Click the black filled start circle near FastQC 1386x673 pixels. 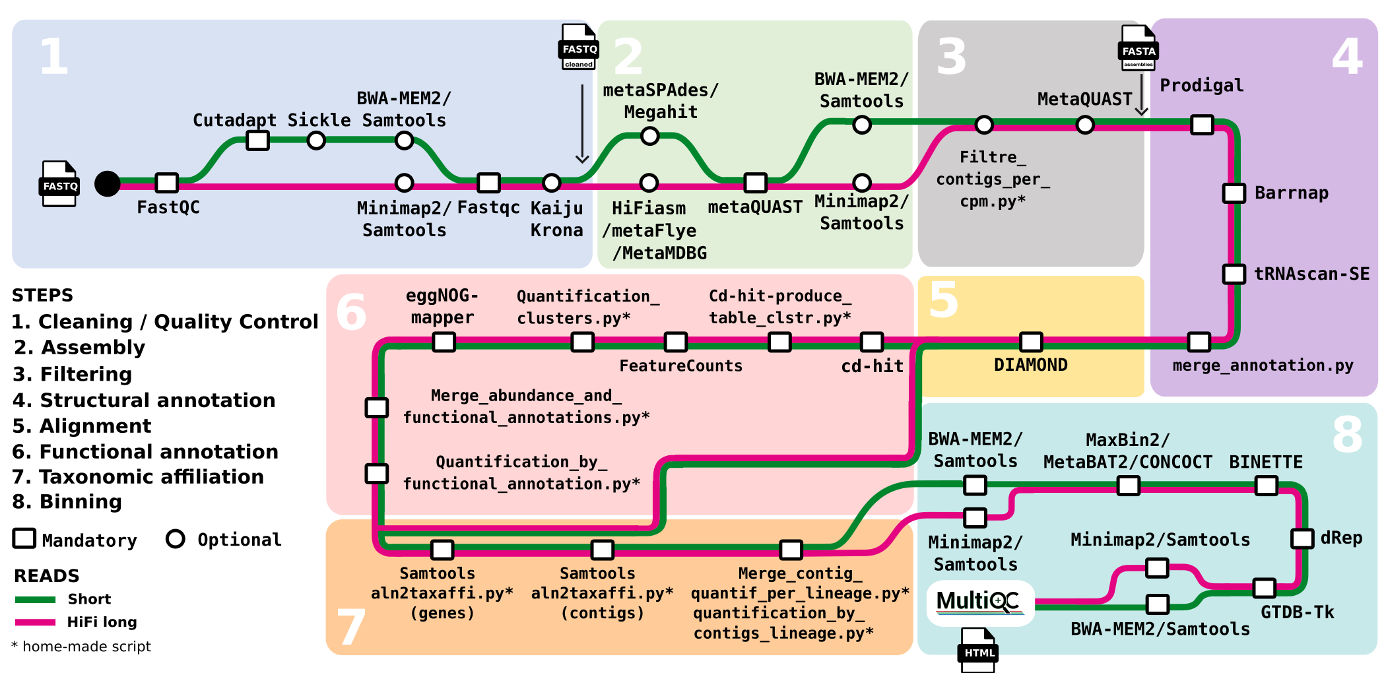click(x=108, y=183)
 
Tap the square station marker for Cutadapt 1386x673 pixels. click(x=257, y=140)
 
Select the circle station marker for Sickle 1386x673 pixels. click(x=316, y=141)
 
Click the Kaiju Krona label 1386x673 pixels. click(x=556, y=219)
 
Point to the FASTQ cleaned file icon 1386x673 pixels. click(x=579, y=47)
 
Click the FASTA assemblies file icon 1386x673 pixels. click(x=1138, y=48)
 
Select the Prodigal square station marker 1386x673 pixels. click(x=1202, y=124)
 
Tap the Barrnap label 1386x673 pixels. click(x=1291, y=193)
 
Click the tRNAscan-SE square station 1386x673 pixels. click(x=1234, y=273)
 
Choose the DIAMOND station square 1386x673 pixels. click(x=1031, y=341)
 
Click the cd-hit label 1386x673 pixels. click(x=872, y=366)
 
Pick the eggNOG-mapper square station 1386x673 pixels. click(x=444, y=342)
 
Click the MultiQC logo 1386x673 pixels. click(x=979, y=602)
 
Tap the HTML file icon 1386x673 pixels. click(x=978, y=651)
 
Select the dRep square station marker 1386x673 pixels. click(x=1302, y=538)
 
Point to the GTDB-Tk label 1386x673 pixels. click(x=1297, y=613)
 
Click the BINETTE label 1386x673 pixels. click(x=1265, y=462)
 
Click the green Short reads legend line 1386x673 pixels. click(x=35, y=599)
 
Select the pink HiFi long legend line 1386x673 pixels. click(x=35, y=622)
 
